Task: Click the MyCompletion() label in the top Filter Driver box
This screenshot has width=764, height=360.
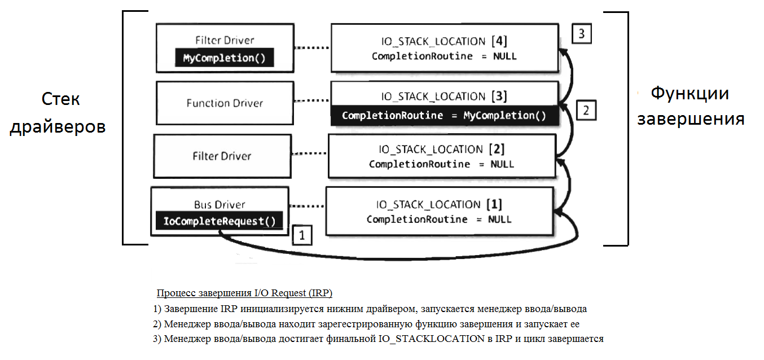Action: pos(225,58)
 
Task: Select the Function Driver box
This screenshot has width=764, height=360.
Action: pos(225,103)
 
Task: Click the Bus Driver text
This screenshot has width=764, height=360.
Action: pos(219,204)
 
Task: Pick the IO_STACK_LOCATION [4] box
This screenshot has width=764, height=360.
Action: pos(444,48)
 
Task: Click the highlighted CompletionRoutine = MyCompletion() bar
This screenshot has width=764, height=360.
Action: pos(444,116)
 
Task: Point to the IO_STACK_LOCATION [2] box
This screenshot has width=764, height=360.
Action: pos(441,156)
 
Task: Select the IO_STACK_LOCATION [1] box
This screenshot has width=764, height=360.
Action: pos(439,211)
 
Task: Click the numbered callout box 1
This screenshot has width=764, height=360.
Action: pos(302,235)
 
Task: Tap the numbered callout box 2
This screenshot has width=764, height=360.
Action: pos(586,110)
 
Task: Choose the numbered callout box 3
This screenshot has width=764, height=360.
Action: pos(581,34)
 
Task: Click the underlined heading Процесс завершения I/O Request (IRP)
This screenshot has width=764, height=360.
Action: pos(244,293)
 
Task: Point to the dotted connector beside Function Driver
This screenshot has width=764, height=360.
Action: pos(312,102)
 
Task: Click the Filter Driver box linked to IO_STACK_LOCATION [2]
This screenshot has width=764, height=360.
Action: pos(222,156)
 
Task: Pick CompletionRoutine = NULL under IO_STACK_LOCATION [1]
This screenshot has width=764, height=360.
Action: pos(439,219)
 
